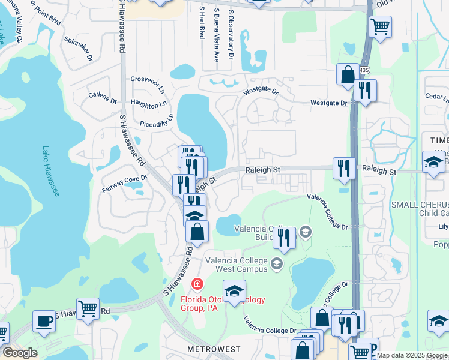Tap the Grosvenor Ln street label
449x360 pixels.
(148, 85)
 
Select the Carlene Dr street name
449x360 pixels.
(102, 97)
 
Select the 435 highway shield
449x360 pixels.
(364, 70)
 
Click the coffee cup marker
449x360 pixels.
(43, 321)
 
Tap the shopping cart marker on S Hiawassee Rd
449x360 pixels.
(88, 309)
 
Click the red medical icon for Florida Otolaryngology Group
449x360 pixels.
(196, 283)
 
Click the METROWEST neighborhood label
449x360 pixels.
(214, 349)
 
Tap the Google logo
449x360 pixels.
(20, 353)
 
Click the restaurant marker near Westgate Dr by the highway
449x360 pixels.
(365, 90)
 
